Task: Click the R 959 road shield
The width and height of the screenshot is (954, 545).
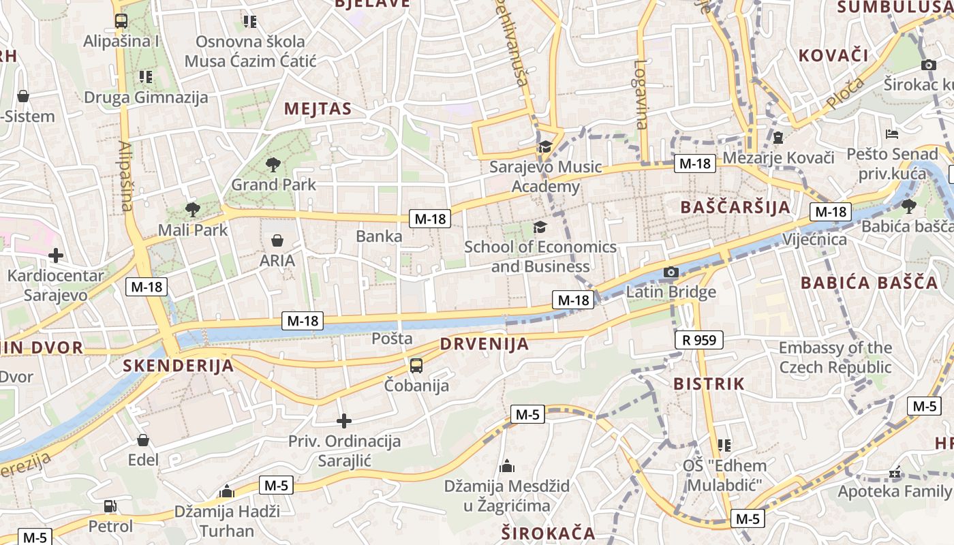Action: pyautogui.click(x=699, y=339)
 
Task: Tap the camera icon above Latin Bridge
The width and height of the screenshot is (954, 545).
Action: pyautogui.click(x=671, y=272)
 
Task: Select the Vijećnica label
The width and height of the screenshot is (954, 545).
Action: pyautogui.click(x=814, y=239)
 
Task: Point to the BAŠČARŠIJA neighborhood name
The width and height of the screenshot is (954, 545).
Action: pyautogui.click(x=735, y=207)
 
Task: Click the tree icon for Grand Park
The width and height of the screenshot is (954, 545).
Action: pyautogui.click(x=273, y=164)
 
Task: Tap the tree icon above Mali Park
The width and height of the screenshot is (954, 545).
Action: pyautogui.click(x=193, y=209)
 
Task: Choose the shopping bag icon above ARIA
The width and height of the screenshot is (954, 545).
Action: pyautogui.click(x=277, y=240)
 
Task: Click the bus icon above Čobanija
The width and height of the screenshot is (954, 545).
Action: pyautogui.click(x=416, y=366)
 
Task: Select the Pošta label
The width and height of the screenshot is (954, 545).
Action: pyautogui.click(x=392, y=339)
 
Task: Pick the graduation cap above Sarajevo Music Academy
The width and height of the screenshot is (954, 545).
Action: pyautogui.click(x=545, y=146)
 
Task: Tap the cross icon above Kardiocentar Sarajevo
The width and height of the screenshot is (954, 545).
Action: pyautogui.click(x=56, y=256)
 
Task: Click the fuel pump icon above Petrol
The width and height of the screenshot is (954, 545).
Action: pyautogui.click(x=110, y=506)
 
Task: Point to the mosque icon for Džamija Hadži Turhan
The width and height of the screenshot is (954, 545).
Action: pyautogui.click(x=227, y=491)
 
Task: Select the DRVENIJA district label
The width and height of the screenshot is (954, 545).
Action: pyautogui.click(x=484, y=344)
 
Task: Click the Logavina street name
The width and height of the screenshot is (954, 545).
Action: pyautogui.click(x=641, y=95)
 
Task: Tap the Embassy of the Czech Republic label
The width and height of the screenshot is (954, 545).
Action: pyautogui.click(x=835, y=358)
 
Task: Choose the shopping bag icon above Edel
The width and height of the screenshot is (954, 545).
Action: pyautogui.click(x=143, y=440)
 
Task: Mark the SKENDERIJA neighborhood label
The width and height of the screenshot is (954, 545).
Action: pyautogui.click(x=178, y=366)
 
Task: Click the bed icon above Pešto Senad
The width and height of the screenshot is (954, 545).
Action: pyautogui.click(x=892, y=134)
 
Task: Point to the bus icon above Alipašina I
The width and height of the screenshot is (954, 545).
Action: pyautogui.click(x=121, y=20)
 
